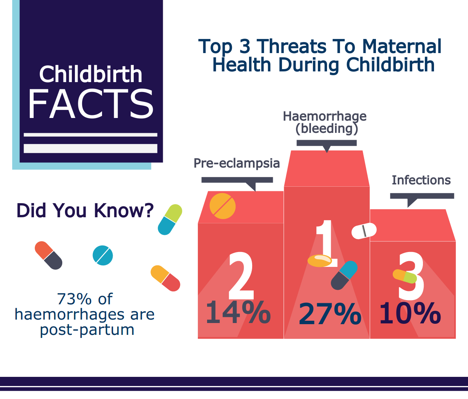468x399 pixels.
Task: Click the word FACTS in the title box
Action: [x=91, y=104]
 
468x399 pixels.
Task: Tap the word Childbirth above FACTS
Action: [x=91, y=74]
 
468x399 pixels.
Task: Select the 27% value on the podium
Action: [x=330, y=314]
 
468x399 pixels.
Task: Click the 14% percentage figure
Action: [x=238, y=313]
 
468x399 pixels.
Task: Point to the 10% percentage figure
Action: [x=410, y=314]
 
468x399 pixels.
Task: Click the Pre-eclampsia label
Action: [x=236, y=163]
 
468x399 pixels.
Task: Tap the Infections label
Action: [x=421, y=180]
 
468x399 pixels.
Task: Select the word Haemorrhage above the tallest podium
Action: [x=325, y=116]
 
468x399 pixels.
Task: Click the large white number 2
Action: [x=241, y=276]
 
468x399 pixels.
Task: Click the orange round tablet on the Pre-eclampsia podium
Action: [x=223, y=206]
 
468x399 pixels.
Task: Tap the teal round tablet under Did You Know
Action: [x=103, y=255]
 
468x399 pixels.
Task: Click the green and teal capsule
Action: [x=170, y=220]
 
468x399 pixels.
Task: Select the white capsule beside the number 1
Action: [x=364, y=231]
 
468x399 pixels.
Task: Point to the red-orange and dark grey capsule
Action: [x=49, y=255]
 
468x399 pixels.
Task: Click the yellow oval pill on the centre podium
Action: [x=320, y=260]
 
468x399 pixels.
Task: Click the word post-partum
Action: [x=87, y=330]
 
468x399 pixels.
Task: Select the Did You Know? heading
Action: [x=85, y=210]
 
